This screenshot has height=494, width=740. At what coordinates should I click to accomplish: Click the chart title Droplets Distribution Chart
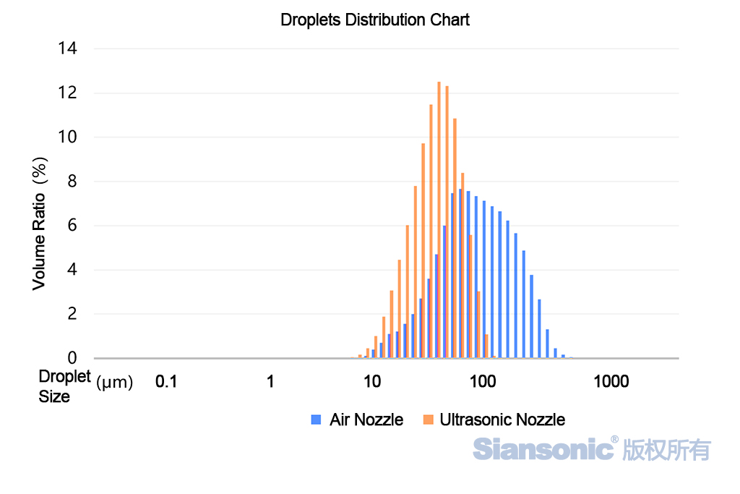[x=374, y=20]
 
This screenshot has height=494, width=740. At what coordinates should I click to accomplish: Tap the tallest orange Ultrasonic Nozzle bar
[x=439, y=220]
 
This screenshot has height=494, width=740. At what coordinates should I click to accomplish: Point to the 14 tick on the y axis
[x=69, y=48]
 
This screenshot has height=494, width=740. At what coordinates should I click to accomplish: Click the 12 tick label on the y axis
[x=69, y=93]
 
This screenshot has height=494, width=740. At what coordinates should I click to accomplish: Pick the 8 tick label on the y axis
[x=72, y=182]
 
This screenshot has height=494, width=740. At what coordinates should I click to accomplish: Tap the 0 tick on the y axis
[x=72, y=358]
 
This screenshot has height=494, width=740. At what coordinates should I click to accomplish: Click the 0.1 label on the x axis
[x=166, y=382]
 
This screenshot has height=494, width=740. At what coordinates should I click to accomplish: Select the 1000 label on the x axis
[x=611, y=382]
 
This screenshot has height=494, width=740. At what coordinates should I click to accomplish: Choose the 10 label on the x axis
[x=371, y=382]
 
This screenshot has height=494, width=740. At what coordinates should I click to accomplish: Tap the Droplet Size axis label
[x=64, y=386]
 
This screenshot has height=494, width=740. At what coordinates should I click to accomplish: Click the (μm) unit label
[x=114, y=383]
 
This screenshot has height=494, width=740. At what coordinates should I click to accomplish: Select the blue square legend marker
[x=315, y=420]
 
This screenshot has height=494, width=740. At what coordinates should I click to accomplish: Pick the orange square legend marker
[x=428, y=420]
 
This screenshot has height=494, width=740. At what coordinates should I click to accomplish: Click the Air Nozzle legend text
[x=366, y=420]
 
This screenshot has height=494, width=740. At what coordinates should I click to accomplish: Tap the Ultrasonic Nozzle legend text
[x=502, y=420]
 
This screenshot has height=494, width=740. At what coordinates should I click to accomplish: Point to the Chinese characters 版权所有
[x=666, y=449]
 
